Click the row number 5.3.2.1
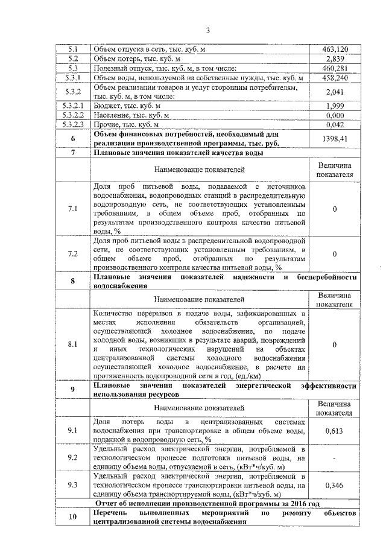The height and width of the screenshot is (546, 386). (x=72, y=106)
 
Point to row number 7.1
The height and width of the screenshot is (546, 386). (x=72, y=209)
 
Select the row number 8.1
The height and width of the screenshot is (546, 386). (x=72, y=344)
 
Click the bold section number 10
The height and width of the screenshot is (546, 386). (x=72, y=516)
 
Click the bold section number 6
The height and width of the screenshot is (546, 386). (x=72, y=139)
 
